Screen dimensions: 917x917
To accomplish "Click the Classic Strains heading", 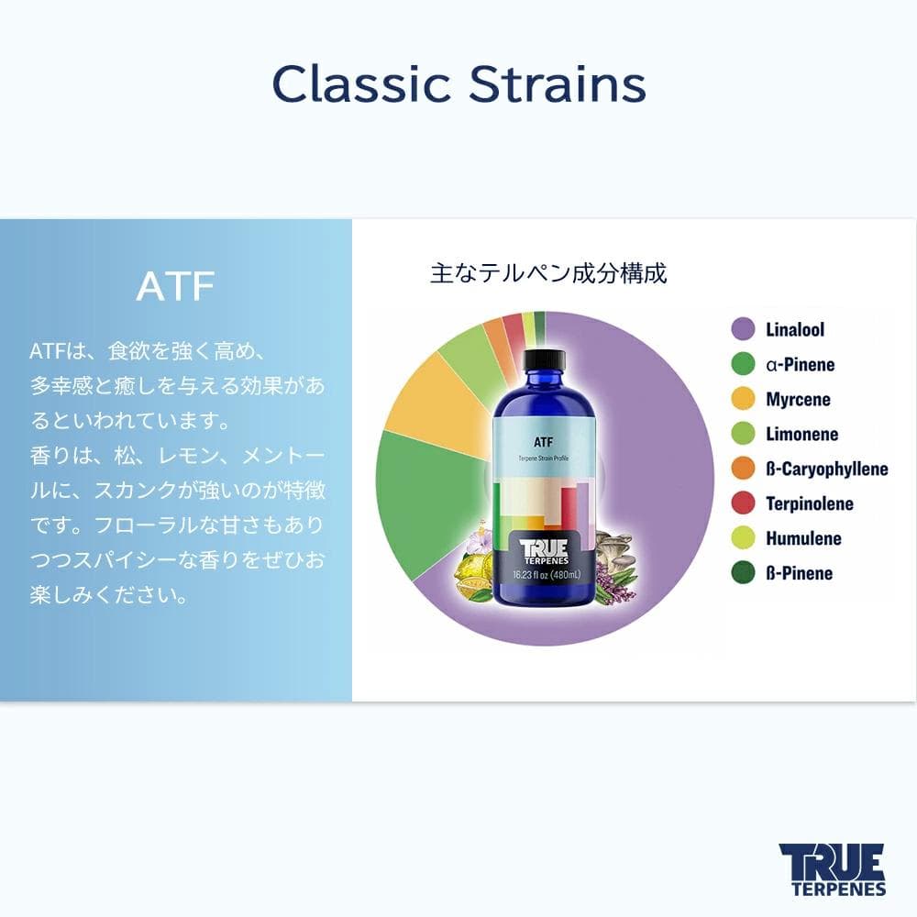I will [x=458, y=84].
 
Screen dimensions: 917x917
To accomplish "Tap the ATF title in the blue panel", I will [x=175, y=286].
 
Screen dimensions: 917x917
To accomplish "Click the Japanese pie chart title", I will [x=548, y=273].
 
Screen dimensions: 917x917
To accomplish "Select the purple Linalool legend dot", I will [x=743, y=329].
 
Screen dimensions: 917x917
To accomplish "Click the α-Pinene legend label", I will [x=800, y=364].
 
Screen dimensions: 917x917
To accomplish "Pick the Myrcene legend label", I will [x=798, y=399].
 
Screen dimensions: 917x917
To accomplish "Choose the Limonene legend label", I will [x=801, y=434].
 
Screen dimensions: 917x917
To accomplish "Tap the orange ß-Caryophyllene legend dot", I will [x=743, y=469].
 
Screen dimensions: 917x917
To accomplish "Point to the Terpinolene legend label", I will [x=809, y=503].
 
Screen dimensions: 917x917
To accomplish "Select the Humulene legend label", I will [x=803, y=538].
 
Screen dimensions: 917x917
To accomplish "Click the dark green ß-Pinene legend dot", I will [x=743, y=573].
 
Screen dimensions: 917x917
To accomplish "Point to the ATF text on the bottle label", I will [x=543, y=441].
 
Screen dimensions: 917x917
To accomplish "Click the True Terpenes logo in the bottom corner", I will [x=832, y=868].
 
